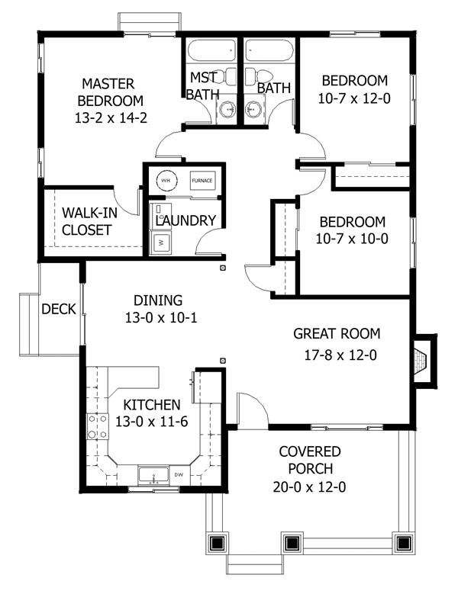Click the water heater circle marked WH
[x=166, y=180]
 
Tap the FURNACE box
[x=202, y=181]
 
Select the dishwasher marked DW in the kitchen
[x=179, y=474]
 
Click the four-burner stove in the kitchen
[x=98, y=426]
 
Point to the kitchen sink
[x=154, y=475]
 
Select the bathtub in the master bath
[x=212, y=50]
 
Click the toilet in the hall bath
[x=259, y=75]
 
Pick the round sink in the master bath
[x=228, y=110]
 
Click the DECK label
[x=59, y=309]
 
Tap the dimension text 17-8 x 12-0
[x=340, y=355]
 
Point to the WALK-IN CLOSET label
[x=89, y=221]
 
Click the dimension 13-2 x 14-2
[x=111, y=118]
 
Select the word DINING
[x=158, y=300]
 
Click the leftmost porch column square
[x=217, y=543]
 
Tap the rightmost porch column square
[x=403, y=543]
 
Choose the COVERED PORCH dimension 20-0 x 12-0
[x=309, y=487]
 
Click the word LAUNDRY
[x=185, y=220]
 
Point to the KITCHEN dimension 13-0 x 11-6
[x=151, y=422]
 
